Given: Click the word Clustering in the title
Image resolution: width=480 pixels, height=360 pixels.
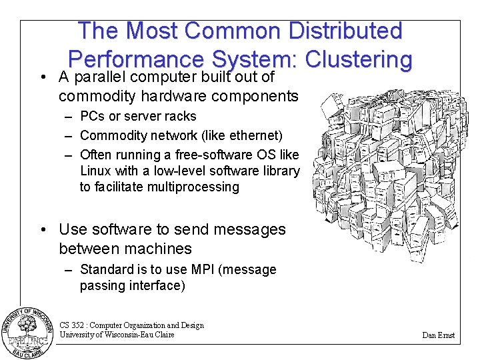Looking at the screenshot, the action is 359,59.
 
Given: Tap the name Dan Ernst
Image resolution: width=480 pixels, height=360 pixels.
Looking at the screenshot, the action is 438,335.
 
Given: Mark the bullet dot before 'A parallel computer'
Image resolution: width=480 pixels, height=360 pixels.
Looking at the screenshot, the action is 42,77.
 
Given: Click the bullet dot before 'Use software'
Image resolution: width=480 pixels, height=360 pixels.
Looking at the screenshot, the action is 42,230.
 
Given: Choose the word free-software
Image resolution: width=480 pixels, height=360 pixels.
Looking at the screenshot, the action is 221,155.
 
